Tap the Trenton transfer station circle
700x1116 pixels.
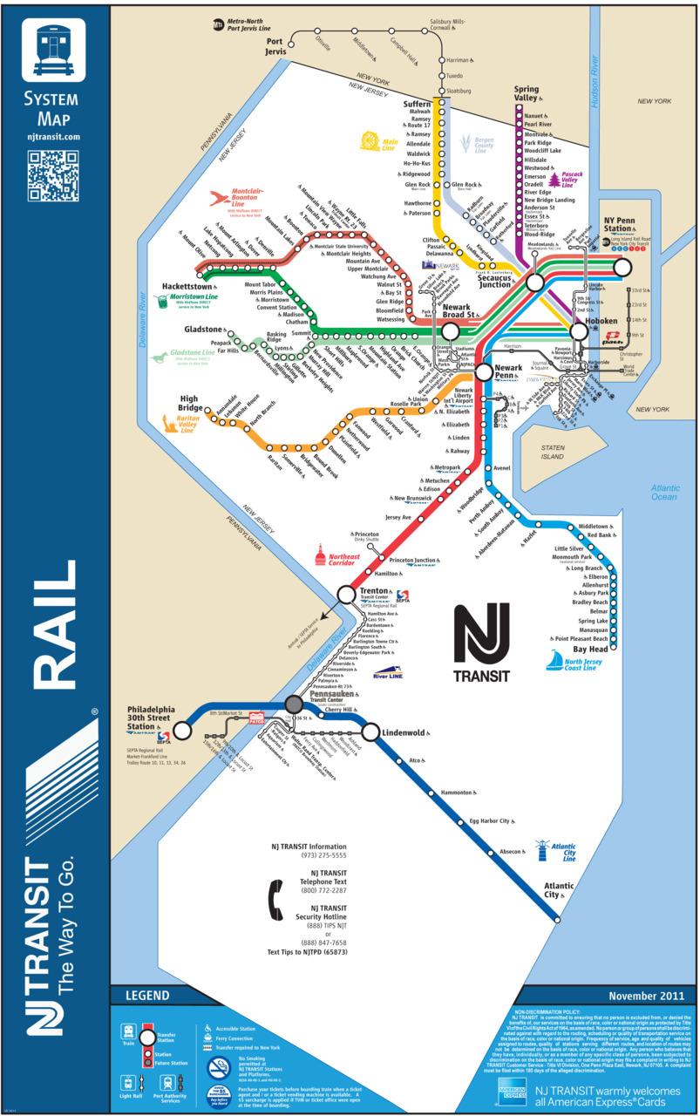pyautogui.click(x=347, y=595)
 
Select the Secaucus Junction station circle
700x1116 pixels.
pyautogui.click(x=534, y=282)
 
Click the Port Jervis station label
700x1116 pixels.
pyautogui.click(x=275, y=46)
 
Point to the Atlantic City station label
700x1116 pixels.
pyautogui.click(x=558, y=890)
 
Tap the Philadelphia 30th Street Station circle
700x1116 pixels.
pyautogui.click(x=182, y=730)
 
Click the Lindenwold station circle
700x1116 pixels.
pyautogui.click(x=370, y=732)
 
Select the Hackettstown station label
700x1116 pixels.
pyautogui.click(x=187, y=286)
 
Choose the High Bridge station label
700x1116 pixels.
pyautogui.click(x=190, y=404)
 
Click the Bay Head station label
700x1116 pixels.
pyautogui.click(x=590, y=650)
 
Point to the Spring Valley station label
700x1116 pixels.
pyautogui.click(x=527, y=94)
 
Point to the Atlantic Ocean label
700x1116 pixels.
pyautogui.click(x=663, y=492)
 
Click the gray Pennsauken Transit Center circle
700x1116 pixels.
pyautogui.click(x=294, y=704)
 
